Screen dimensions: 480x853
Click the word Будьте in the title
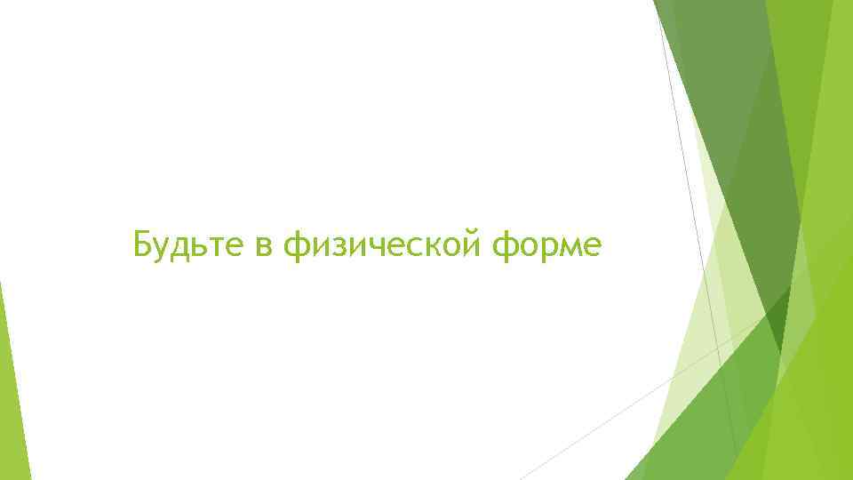187,242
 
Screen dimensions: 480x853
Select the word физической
389,244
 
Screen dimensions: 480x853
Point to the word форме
554,244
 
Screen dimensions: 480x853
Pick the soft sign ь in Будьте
202,244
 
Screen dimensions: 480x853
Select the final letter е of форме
595,244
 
